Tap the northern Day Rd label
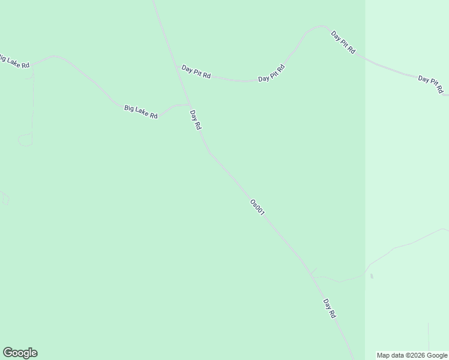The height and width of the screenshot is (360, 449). click(195, 120)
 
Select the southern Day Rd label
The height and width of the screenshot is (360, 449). click(329, 308)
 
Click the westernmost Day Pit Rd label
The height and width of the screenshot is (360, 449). click(196, 72)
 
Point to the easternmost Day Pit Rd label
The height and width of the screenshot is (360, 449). click(431, 85)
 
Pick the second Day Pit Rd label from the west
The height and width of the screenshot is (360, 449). click(271, 73)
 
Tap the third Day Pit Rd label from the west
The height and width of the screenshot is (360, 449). click(343, 43)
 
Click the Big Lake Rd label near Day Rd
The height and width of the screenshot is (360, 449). click(141, 112)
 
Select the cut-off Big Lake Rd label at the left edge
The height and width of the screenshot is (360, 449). click(13, 61)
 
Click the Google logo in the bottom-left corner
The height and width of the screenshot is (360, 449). click(20, 353)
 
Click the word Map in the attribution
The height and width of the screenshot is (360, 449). click(383, 355)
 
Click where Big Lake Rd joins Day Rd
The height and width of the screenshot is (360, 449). click(189, 104)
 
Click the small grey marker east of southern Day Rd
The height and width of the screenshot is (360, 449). click(372, 276)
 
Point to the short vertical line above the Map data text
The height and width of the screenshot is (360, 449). click(429, 336)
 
